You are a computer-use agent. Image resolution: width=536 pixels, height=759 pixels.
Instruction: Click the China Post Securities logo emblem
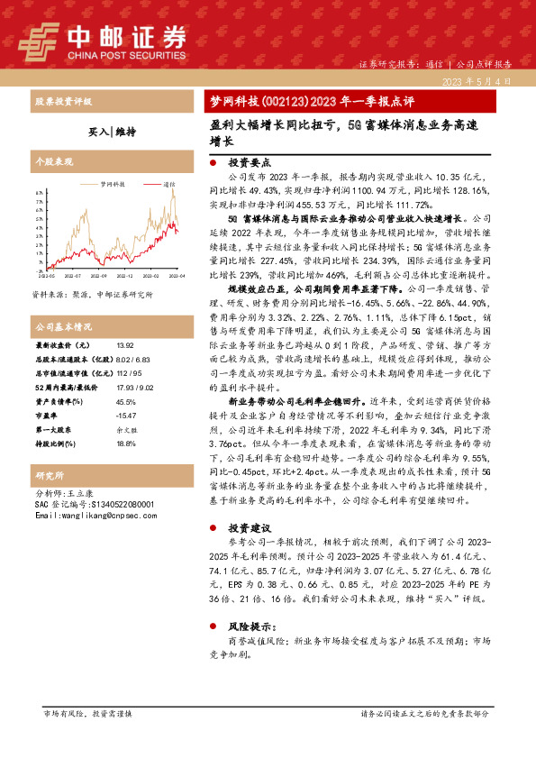(39, 41)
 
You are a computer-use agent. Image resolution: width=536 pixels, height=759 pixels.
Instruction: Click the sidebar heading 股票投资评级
(62, 101)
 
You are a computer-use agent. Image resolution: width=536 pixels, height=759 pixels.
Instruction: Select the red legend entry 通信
(169, 183)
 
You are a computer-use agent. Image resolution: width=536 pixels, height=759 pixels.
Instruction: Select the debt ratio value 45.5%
(126, 401)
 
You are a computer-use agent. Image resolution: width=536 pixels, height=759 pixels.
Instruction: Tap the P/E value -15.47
(126, 415)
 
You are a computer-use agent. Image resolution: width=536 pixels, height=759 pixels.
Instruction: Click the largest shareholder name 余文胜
(125, 429)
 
